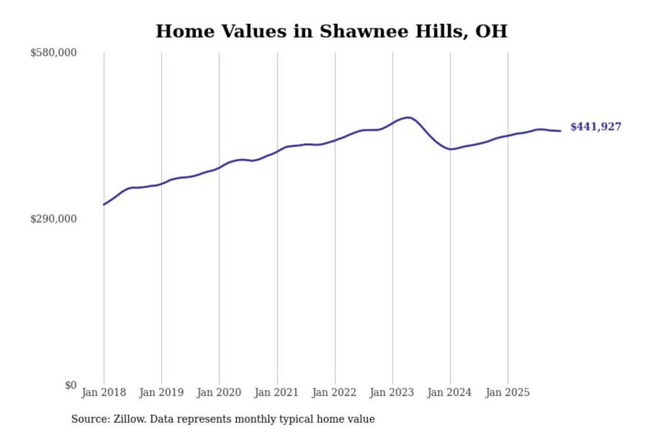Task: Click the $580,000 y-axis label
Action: tap(53, 53)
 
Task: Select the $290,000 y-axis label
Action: tap(53, 219)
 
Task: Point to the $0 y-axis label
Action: tap(71, 385)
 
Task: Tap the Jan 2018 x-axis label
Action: tap(103, 392)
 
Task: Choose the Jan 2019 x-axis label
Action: tap(161, 392)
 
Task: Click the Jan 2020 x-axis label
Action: tap(219, 392)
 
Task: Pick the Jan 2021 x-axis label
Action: tap(276, 392)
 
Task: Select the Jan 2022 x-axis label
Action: tap(334, 392)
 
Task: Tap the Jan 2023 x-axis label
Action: tap(391, 392)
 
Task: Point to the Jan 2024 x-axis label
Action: tap(449, 392)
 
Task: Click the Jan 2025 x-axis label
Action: tap(507, 392)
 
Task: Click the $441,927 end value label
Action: tap(595, 127)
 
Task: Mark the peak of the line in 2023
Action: tap(408, 117)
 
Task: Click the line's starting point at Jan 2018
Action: tap(104, 205)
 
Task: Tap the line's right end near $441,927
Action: tap(560, 131)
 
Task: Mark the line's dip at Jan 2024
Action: tap(450, 149)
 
